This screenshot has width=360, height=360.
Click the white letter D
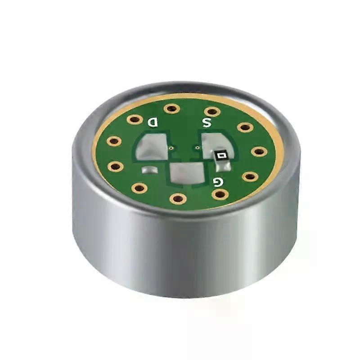(153, 122)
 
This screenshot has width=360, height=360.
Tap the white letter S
(206, 123)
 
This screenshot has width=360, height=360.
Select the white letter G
(218, 182)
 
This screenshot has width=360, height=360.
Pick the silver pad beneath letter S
(216, 144)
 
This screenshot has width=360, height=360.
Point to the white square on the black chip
(221, 156)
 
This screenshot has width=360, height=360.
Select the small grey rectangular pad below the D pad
(150, 170)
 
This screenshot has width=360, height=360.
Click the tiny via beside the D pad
(171, 148)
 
